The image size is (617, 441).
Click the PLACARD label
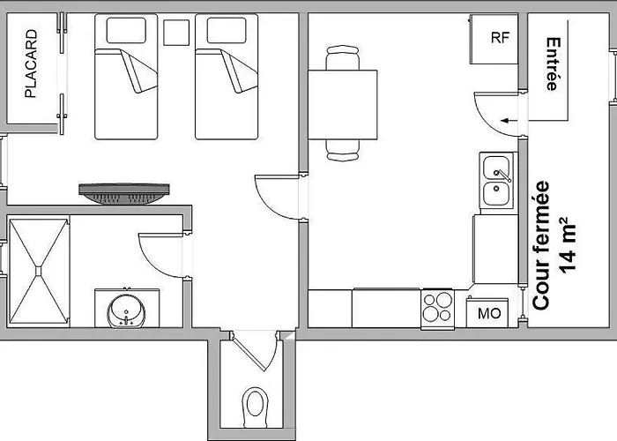pyautogui.click(x=31, y=64)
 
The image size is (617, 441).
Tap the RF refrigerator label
pyautogui.click(x=500, y=37)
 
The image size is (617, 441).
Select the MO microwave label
pyautogui.click(x=489, y=313)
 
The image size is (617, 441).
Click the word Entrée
pyautogui.click(x=553, y=64)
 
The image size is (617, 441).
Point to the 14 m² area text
pyautogui.click(x=568, y=244)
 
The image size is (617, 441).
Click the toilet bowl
pyautogui.click(x=255, y=407)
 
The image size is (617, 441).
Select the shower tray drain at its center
pyautogui.click(x=38, y=271)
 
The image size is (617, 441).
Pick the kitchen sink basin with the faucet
pyautogui.click(x=496, y=168)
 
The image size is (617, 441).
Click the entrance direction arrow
pyautogui.click(x=509, y=121)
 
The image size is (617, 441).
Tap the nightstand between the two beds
pyautogui.click(x=176, y=33)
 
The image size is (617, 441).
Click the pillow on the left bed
pyautogui.click(x=126, y=30)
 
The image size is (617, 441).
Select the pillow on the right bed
pyautogui.click(x=227, y=30)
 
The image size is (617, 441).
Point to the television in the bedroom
pyautogui.click(x=124, y=194)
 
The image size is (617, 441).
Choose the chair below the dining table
pyautogui.click(x=343, y=150)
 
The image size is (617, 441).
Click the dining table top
pyautogui.click(x=342, y=105)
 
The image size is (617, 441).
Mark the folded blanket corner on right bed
pyautogui.click(x=239, y=71)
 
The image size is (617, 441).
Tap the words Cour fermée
pyautogui.click(x=541, y=244)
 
